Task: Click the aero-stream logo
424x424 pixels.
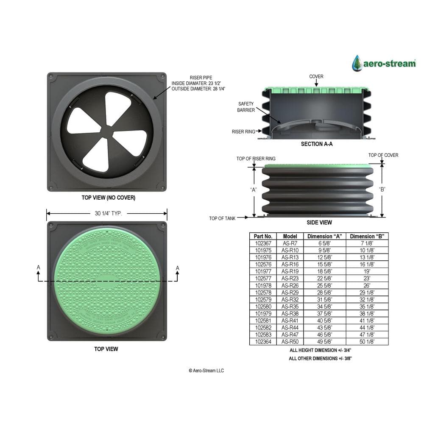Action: (x=384, y=63)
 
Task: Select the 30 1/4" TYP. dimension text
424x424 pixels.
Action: (x=109, y=213)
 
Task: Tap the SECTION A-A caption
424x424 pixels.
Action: (x=317, y=144)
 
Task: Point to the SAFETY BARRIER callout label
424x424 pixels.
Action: (x=246, y=107)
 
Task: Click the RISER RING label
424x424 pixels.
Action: (x=243, y=132)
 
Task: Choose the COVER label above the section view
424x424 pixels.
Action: (x=316, y=76)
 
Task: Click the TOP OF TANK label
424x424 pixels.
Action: (x=222, y=218)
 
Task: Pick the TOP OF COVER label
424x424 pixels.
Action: (x=383, y=155)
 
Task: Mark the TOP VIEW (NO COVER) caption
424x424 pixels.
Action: (x=109, y=198)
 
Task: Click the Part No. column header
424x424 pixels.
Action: (x=263, y=236)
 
